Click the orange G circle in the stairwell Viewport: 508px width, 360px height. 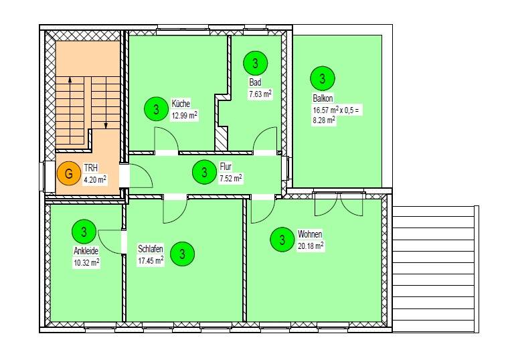tap(66, 173)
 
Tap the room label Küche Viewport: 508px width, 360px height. tap(181, 104)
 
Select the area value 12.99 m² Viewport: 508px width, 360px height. tap(185, 115)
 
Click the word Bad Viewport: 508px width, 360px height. tap(254, 82)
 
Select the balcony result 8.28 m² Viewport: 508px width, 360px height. tap(324, 120)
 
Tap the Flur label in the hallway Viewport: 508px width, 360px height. tap(226, 167)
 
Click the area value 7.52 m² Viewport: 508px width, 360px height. tap(231, 178)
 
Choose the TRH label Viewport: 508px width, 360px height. tap(91, 168)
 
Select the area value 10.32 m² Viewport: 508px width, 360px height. tap(86, 262)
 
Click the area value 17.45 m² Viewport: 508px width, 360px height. tap(151, 261)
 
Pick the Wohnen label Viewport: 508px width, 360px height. tap(311, 234)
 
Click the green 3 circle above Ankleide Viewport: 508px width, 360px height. tap(83, 232)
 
